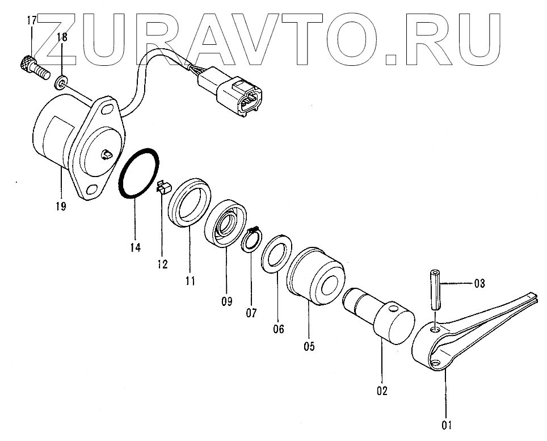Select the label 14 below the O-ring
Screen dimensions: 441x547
[134, 247]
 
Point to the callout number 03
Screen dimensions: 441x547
[479, 283]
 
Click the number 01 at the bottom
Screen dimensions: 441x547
[447, 423]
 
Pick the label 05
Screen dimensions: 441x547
[309, 345]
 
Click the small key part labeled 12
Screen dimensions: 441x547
[162, 188]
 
